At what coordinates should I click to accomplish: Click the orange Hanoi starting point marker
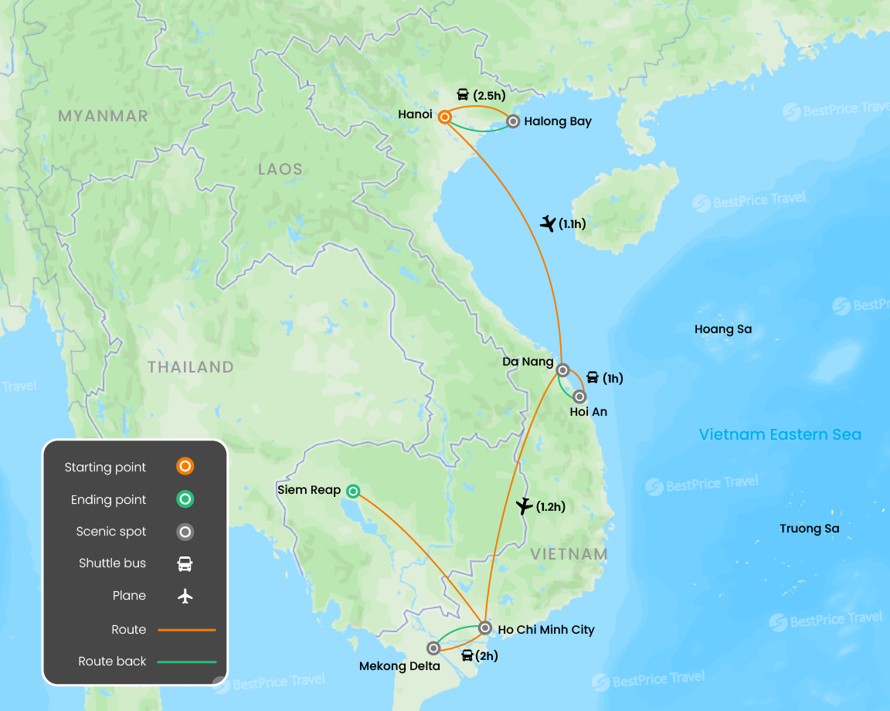(445, 117)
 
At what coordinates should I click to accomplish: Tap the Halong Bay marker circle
(513, 121)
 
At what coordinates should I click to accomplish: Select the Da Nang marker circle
(563, 369)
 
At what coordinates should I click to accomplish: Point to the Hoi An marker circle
(579, 396)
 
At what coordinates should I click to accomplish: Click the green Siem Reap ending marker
(353, 491)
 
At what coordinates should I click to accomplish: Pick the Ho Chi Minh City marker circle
(484, 628)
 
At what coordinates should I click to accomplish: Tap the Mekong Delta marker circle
(433, 648)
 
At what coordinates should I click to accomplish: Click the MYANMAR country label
(103, 116)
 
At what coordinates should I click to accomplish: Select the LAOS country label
(280, 169)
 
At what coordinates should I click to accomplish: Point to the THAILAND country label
(191, 367)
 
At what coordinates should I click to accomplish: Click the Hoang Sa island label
(722, 329)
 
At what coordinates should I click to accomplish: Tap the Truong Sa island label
(809, 529)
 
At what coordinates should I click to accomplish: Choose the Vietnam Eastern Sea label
(780, 434)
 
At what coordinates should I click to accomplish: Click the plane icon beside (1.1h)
(548, 224)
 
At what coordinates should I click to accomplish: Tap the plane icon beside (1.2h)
(524, 507)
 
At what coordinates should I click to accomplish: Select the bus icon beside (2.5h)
(463, 95)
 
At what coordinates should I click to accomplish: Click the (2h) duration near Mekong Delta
(487, 656)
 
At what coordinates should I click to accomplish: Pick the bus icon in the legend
(185, 563)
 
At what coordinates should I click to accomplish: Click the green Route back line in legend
(187, 662)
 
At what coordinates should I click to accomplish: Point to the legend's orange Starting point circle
(185, 467)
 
